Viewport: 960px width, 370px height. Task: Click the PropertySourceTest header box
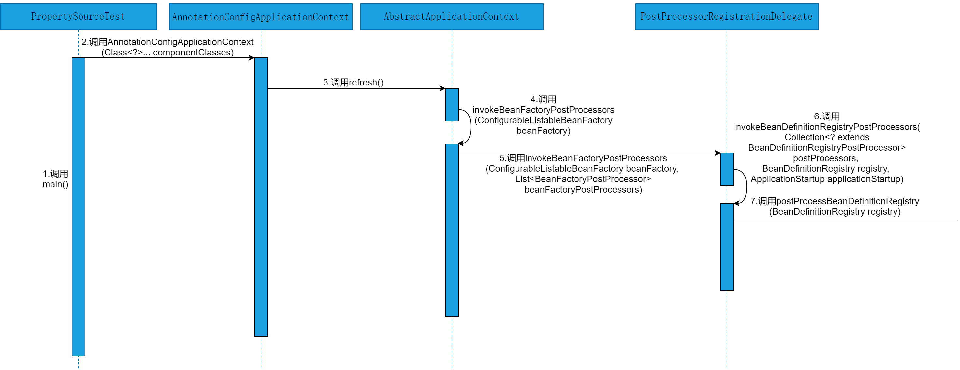pyautogui.click(x=78, y=16)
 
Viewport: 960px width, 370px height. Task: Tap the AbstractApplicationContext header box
pyautogui.click(x=451, y=16)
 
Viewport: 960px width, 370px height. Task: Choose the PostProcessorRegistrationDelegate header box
pyautogui.click(x=726, y=16)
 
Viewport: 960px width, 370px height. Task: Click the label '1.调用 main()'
pyautogui.click(x=55, y=179)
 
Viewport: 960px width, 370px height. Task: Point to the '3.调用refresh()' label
pyautogui.click(x=353, y=83)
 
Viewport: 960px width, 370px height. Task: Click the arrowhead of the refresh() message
pyautogui.click(x=443, y=88)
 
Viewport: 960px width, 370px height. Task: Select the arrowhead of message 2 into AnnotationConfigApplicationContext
pyautogui.click(x=252, y=58)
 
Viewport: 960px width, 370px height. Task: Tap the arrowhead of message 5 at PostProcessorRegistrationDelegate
pyautogui.click(x=718, y=153)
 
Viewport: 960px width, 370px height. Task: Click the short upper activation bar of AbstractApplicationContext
pyautogui.click(x=452, y=104)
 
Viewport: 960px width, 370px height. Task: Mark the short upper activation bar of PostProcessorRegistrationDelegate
pyautogui.click(x=727, y=169)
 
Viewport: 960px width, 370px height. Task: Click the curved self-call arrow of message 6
pyautogui.click(x=746, y=187)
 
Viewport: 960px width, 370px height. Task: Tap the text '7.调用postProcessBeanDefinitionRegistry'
pyautogui.click(x=835, y=201)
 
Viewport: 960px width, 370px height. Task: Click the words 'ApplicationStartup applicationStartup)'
pyautogui.click(x=827, y=179)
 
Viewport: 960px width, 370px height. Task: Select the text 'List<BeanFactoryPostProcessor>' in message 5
pyautogui.click(x=583, y=179)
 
